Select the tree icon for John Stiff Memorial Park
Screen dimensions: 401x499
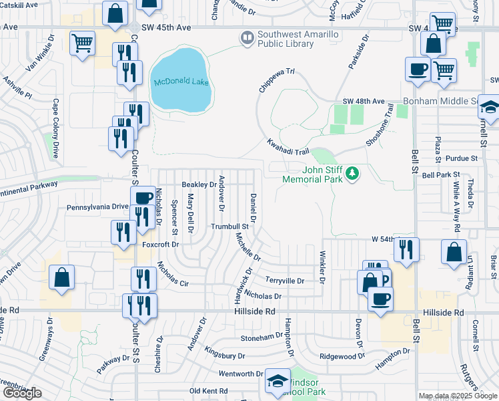352,174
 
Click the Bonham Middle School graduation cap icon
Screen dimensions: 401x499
490,107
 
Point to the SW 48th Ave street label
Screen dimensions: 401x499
364,101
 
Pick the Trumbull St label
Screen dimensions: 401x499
229,227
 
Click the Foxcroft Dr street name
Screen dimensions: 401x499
161,245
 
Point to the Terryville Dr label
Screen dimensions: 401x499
285,281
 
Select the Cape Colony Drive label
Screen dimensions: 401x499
56,128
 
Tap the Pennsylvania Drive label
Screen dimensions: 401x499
97,207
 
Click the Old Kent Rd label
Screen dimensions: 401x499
209,390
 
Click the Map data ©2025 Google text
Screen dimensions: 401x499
458,396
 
